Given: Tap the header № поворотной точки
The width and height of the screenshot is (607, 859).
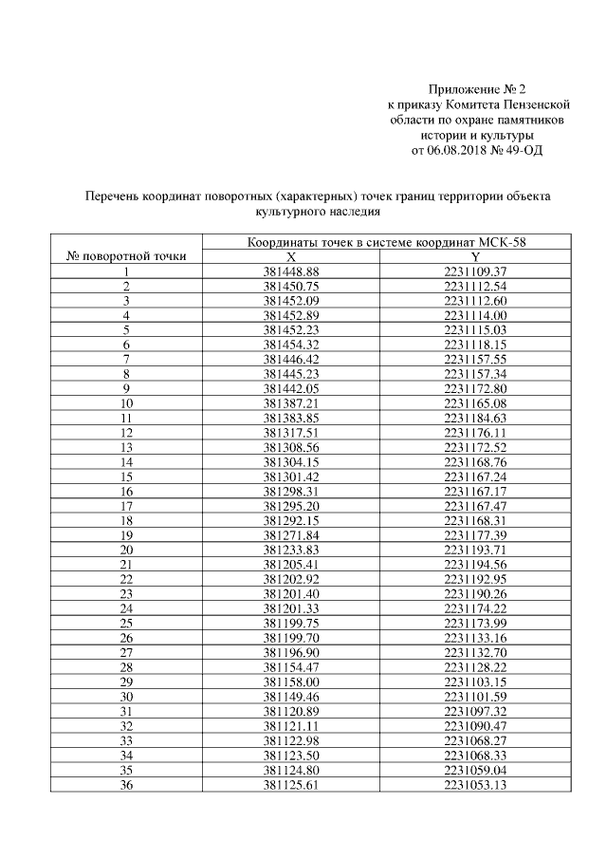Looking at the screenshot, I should (125, 256).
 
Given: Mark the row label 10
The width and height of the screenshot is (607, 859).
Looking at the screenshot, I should (125, 402).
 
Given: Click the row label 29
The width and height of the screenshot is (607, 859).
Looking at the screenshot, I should (125, 682).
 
